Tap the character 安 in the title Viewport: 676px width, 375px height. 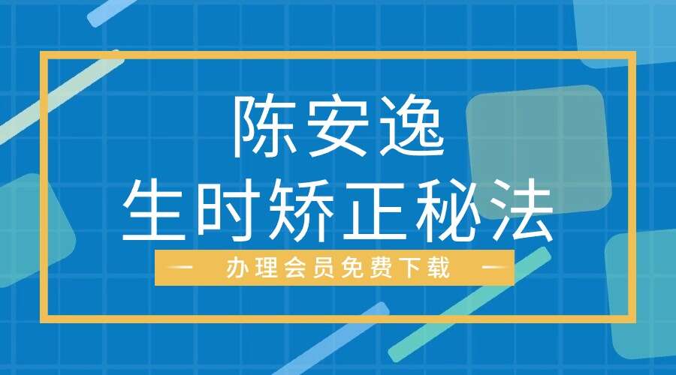pyautogui.click(x=337, y=128)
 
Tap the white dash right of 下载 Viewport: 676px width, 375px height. pyautogui.click(x=492, y=268)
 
